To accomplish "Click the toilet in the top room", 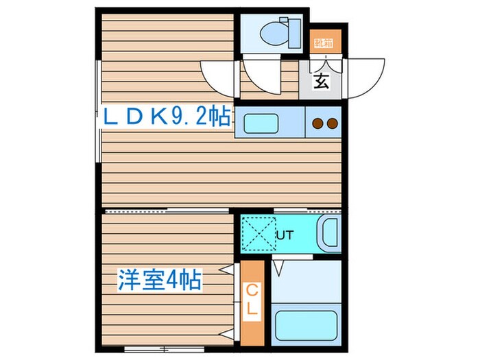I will pyautogui.click(x=280, y=31).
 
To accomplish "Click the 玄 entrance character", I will pyautogui.click(x=321, y=81).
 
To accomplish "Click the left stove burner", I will pyautogui.click(x=317, y=124).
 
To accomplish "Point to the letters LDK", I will pyautogui.click(x=134, y=118).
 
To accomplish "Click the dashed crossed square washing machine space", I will pyautogui.click(x=258, y=234).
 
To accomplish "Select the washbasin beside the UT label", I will pyautogui.click(x=330, y=234).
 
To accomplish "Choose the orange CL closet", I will pyautogui.click(x=252, y=302).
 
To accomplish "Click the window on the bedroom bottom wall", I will pyautogui.click(x=145, y=349).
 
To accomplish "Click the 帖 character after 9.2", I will pyautogui.click(x=219, y=118).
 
